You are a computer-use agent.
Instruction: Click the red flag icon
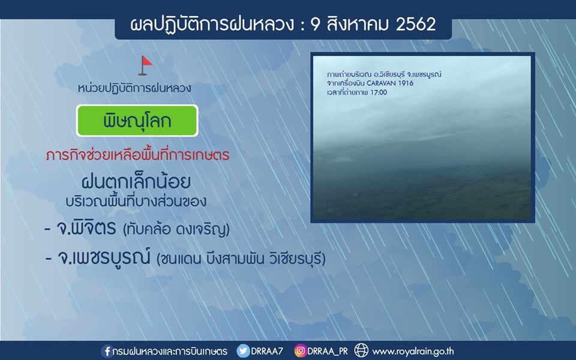click(x=145, y=65)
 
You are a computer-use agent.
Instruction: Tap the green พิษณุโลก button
click(x=137, y=121)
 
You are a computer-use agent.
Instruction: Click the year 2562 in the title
click(x=416, y=24)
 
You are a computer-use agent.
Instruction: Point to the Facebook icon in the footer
click(x=107, y=351)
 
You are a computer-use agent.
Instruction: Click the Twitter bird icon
click(x=243, y=351)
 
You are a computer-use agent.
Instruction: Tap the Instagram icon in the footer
click(x=301, y=351)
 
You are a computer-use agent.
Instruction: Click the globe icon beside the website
click(x=361, y=350)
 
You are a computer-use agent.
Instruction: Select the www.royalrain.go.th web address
click(x=413, y=352)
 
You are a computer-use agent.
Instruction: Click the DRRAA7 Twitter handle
click(x=267, y=351)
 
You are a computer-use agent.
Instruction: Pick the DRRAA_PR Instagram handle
click(x=328, y=351)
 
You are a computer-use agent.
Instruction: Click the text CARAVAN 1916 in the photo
click(x=390, y=83)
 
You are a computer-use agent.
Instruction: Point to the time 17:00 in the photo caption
click(x=379, y=92)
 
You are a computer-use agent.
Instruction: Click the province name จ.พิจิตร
click(x=86, y=228)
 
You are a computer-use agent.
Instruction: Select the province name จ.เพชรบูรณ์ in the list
click(x=104, y=257)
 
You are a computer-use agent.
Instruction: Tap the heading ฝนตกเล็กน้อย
click(x=136, y=181)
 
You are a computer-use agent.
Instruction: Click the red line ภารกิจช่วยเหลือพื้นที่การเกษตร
click(x=138, y=155)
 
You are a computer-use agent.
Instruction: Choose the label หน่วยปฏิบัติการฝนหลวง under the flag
click(x=134, y=88)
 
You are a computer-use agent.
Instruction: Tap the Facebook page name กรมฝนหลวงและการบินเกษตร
click(x=170, y=351)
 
